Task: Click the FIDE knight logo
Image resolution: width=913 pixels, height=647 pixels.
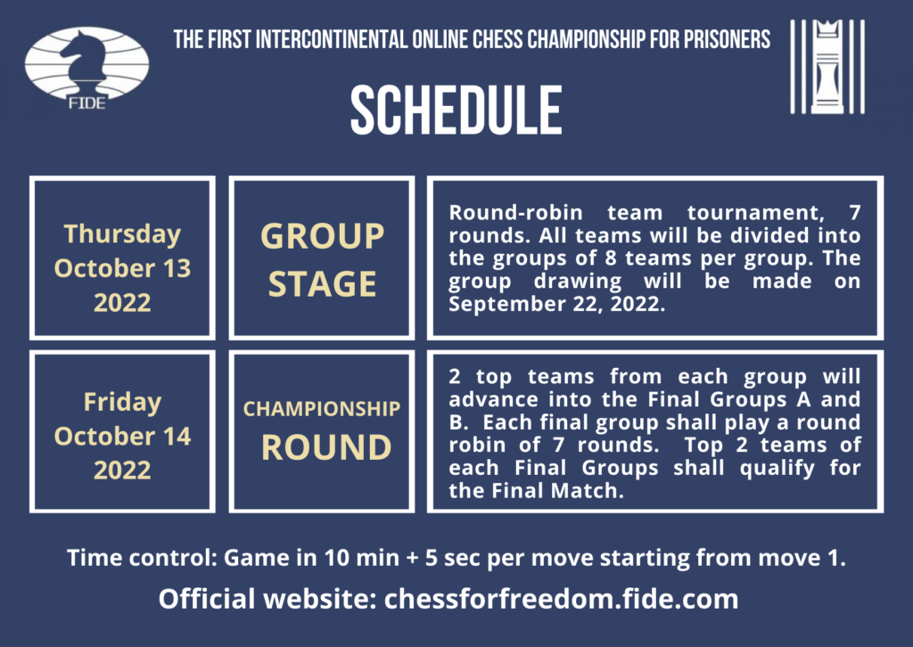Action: click(x=86, y=69)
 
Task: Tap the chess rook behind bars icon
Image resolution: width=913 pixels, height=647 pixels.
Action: click(x=827, y=66)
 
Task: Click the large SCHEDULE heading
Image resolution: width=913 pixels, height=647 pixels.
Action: click(x=456, y=110)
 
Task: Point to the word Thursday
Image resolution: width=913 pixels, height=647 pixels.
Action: click(x=122, y=233)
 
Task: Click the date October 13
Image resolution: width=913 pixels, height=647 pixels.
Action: click(x=122, y=268)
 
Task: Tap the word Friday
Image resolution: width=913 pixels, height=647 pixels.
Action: click(x=122, y=402)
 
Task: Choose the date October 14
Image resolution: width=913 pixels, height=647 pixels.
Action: click(x=122, y=437)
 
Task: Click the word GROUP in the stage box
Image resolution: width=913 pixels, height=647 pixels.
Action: click(x=322, y=236)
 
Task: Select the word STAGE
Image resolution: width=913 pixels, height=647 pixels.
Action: click(x=322, y=284)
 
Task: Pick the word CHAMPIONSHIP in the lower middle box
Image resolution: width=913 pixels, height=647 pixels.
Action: click(x=321, y=408)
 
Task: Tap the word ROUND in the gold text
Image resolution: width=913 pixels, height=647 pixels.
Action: click(x=326, y=447)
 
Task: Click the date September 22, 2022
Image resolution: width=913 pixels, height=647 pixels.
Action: click(x=556, y=304)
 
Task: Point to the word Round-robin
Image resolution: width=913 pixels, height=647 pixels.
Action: click(x=515, y=212)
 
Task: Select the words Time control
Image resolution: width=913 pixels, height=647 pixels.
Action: click(x=142, y=557)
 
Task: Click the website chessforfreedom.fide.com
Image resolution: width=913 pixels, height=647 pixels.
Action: click(x=562, y=599)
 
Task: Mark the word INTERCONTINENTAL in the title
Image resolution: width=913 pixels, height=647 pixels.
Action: click(x=332, y=39)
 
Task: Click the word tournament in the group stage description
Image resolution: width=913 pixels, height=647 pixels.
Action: click(x=756, y=212)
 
